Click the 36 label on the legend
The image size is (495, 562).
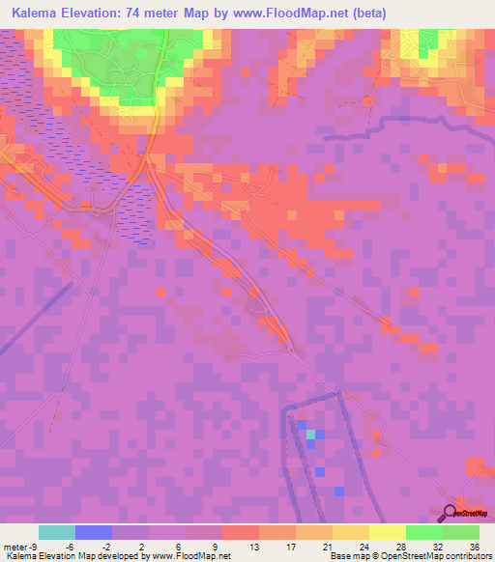pos(475,546)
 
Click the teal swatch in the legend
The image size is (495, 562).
pos(57,532)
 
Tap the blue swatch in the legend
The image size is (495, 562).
pos(94,532)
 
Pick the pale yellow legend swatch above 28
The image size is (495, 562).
pos(387,532)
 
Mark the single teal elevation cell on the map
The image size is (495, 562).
pos(310,436)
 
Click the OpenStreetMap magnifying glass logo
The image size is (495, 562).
pos(451,513)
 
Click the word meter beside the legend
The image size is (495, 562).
pos(14,546)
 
